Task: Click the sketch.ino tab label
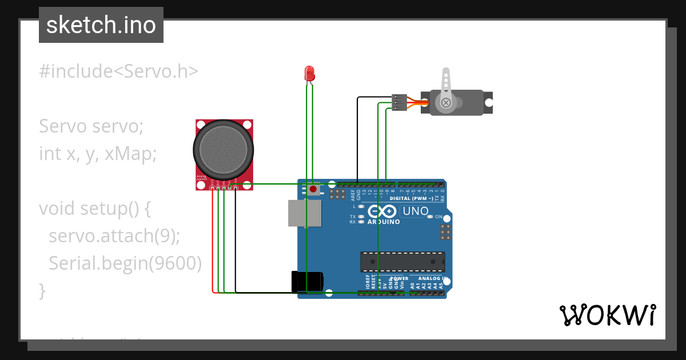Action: pos(101,25)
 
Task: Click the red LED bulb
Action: pos(309,73)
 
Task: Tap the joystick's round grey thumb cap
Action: pos(224,150)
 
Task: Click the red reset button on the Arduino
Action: pos(313,189)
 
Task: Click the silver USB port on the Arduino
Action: pos(304,214)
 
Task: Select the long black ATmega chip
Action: pos(402,261)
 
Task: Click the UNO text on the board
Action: pos(416,211)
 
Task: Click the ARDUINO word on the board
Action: pos(384,221)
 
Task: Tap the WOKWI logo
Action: pos(607,315)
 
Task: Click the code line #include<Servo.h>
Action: pos(119,71)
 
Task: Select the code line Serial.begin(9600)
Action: pos(125,263)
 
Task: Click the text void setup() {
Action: pos(95,209)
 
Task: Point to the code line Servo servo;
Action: pos(91,126)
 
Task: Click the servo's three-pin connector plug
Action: pos(399,102)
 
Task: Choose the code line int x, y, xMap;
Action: pos(98,153)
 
